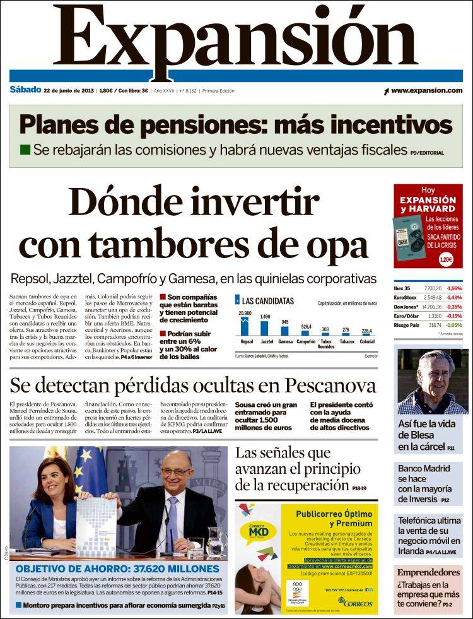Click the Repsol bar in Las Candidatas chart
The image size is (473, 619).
pos(245,326)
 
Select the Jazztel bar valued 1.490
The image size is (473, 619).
pos(265,328)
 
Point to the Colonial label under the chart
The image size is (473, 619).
pos(366,342)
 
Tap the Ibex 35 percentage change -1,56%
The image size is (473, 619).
pos(453,288)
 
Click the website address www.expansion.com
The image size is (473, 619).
pos(426,91)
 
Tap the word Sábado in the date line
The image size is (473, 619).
pos(25,90)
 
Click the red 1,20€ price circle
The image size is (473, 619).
pos(445,258)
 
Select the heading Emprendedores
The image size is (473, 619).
pos(429,572)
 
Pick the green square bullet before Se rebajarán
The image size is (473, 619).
pos(25,150)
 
